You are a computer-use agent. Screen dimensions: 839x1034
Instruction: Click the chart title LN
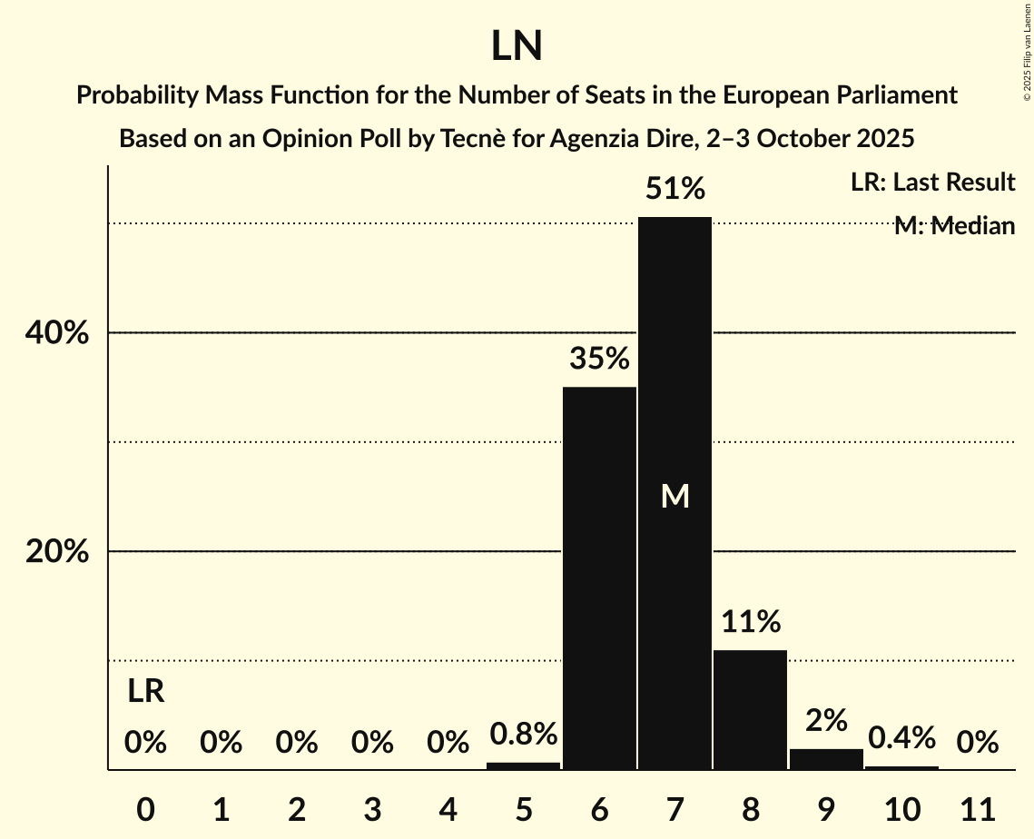[x=517, y=46]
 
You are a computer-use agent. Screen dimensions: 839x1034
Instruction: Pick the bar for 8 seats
[x=750, y=709]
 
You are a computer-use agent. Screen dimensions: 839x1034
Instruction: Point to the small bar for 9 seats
[x=825, y=759]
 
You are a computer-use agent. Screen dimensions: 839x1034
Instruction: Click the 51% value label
[x=675, y=189]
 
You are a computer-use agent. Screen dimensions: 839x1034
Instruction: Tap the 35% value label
[x=599, y=359]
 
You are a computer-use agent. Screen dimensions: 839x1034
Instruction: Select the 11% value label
[x=750, y=622]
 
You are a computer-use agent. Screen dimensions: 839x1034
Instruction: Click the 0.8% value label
[x=523, y=733]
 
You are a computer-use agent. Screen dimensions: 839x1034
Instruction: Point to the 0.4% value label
[x=901, y=737]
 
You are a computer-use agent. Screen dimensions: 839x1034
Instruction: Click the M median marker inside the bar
[x=675, y=496]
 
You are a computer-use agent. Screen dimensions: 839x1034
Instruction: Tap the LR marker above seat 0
[x=145, y=692]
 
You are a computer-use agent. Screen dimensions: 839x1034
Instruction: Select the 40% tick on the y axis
[x=56, y=333]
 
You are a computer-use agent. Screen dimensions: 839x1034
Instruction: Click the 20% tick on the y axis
[x=56, y=552]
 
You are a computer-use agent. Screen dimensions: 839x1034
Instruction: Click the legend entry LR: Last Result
[x=932, y=183]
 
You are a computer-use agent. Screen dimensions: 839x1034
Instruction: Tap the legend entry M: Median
[x=954, y=226]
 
